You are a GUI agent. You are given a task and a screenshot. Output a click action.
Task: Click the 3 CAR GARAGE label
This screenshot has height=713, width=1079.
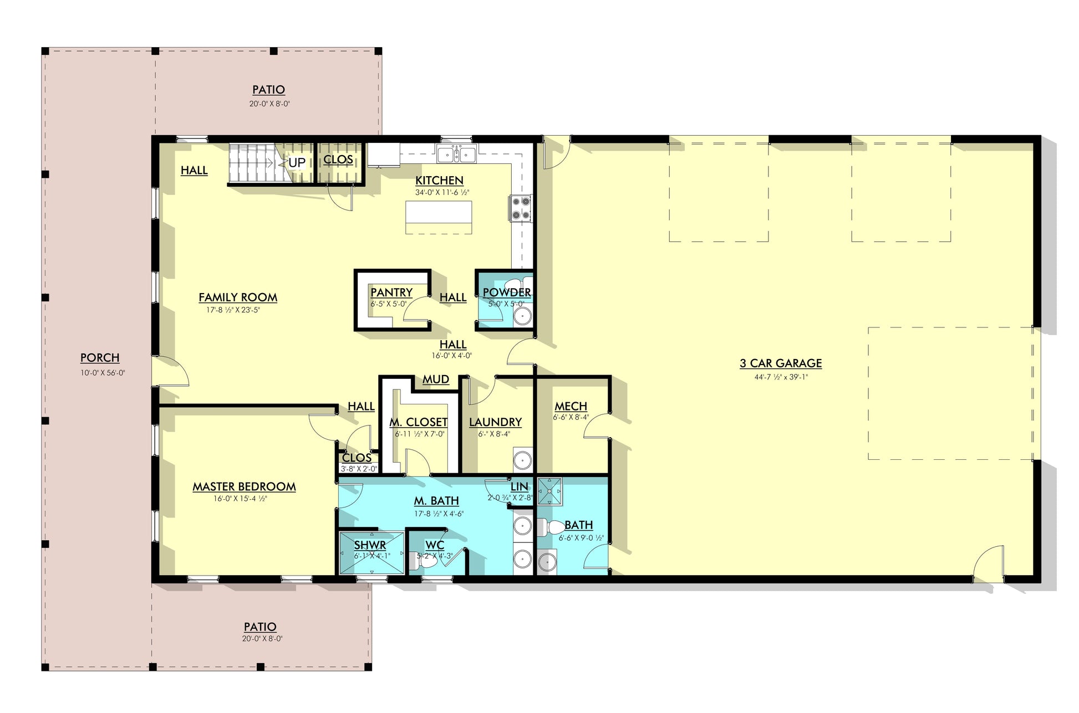pyautogui.click(x=781, y=363)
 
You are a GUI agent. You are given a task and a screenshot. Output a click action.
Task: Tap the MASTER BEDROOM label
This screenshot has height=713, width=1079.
pyautogui.click(x=244, y=486)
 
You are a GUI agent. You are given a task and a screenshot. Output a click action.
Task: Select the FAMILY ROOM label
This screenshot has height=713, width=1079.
pyautogui.click(x=238, y=297)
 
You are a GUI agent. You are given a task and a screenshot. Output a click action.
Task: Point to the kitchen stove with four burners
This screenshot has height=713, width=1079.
pyautogui.click(x=520, y=208)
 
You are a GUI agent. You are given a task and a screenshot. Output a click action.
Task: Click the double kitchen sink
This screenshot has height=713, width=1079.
pyautogui.click(x=456, y=154)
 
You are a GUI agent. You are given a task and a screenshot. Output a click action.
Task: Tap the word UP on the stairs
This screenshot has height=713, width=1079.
pyautogui.click(x=297, y=162)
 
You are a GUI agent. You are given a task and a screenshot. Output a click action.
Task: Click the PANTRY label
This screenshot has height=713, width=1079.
pyautogui.click(x=391, y=293)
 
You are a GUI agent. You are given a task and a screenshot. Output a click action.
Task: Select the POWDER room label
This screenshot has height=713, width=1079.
pyautogui.click(x=507, y=292)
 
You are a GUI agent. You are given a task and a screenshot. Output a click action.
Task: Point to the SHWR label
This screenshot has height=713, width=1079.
pyautogui.click(x=370, y=545)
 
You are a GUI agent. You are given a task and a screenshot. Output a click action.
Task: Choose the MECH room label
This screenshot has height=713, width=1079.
pyautogui.click(x=571, y=407)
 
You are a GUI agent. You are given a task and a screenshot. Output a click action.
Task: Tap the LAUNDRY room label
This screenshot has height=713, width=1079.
pyautogui.click(x=495, y=422)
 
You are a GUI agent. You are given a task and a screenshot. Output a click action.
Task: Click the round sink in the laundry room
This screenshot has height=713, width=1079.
pyautogui.click(x=522, y=460)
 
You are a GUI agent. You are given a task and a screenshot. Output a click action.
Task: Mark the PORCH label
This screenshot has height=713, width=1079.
pyautogui.click(x=100, y=358)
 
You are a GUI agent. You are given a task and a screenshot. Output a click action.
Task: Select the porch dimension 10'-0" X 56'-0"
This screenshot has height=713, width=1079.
pyautogui.click(x=103, y=373)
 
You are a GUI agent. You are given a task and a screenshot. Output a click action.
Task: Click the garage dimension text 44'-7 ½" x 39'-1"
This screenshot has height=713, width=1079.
pyautogui.click(x=781, y=377)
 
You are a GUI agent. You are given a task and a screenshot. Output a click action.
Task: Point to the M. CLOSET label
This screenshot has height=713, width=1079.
pyautogui.click(x=418, y=422)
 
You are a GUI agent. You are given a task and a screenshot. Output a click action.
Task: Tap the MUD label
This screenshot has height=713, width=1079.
pyautogui.click(x=436, y=379)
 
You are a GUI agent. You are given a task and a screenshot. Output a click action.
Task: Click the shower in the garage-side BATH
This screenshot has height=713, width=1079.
pyautogui.click(x=550, y=491)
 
